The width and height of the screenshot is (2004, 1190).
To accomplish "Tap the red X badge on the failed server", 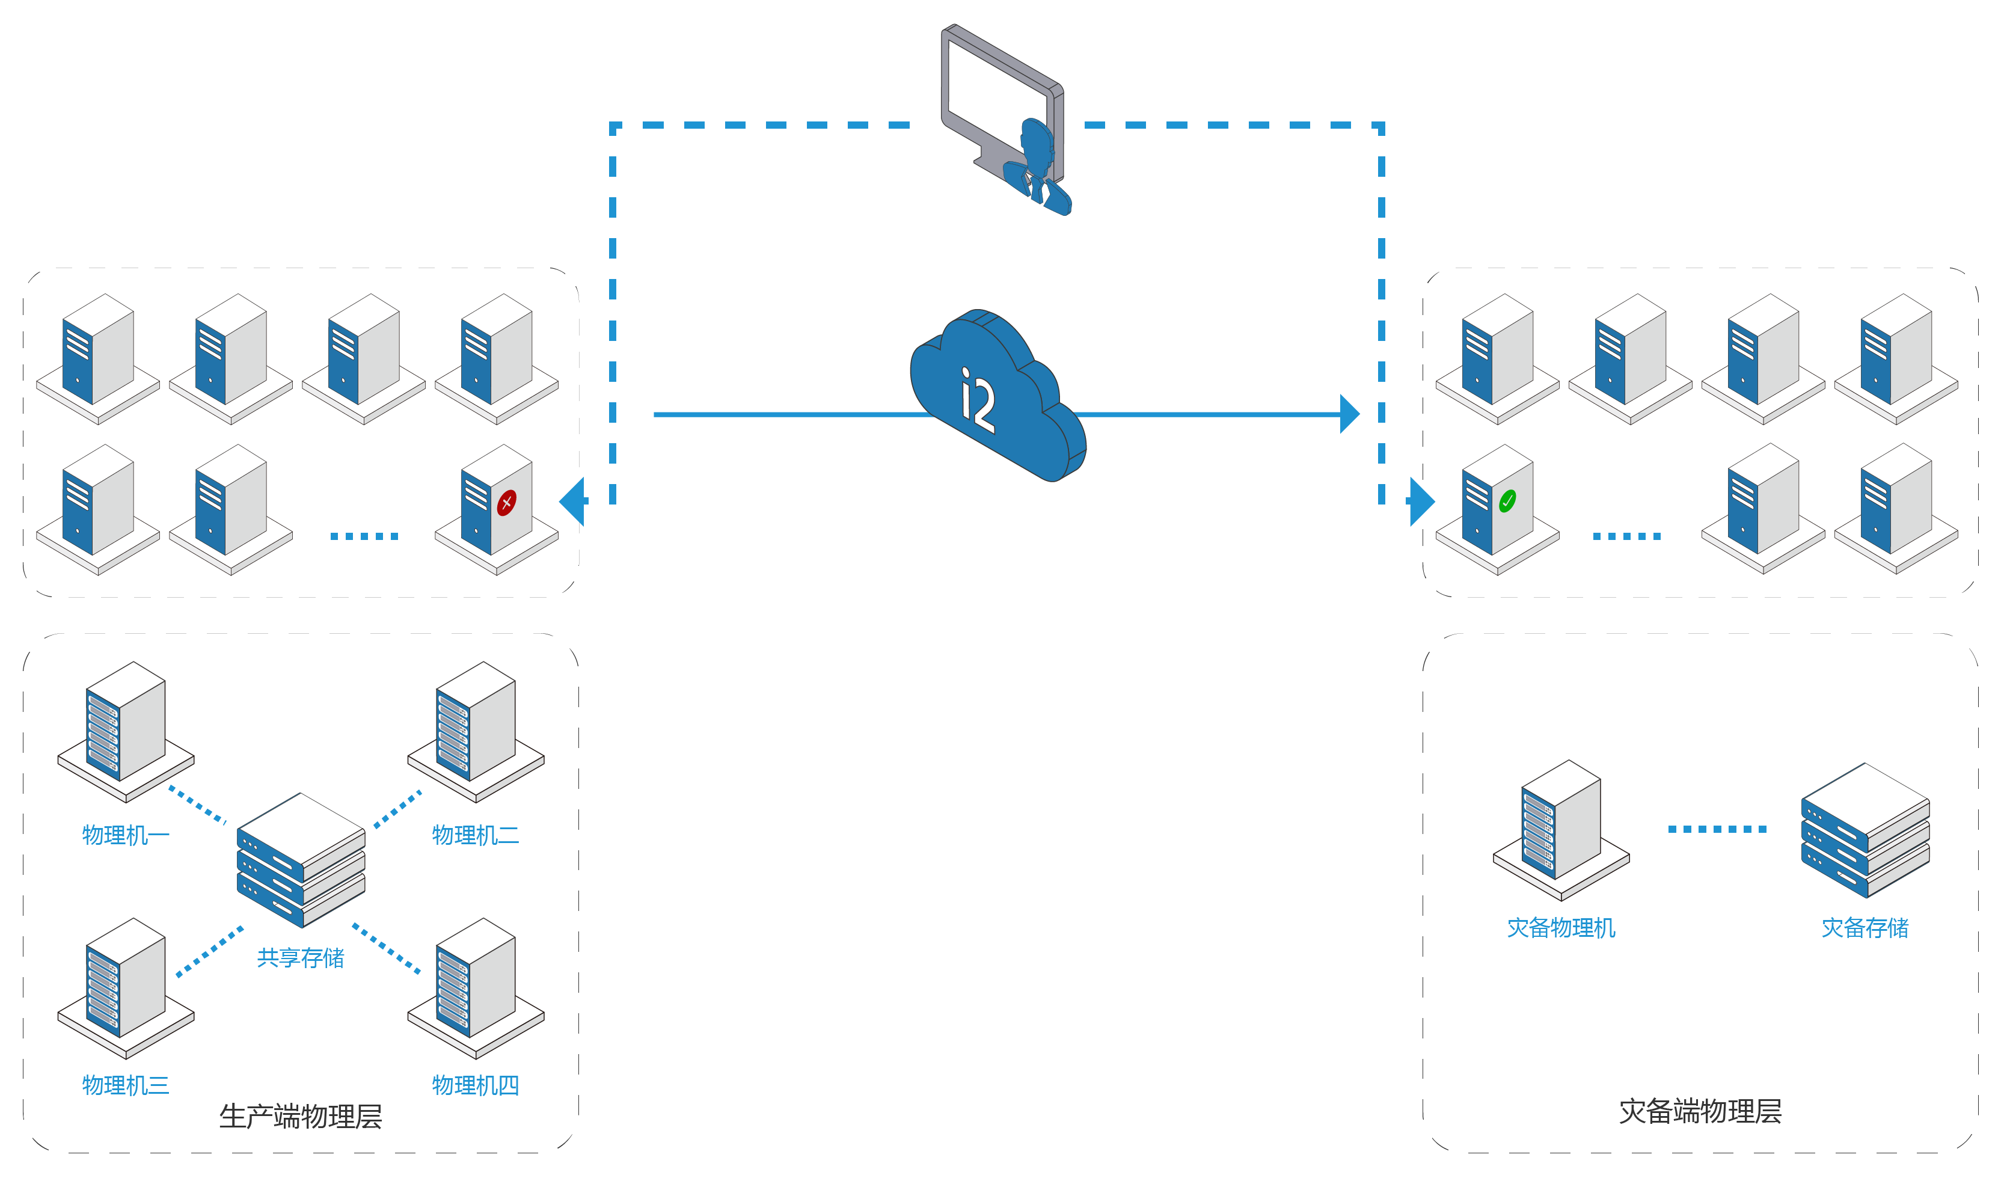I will [x=507, y=503].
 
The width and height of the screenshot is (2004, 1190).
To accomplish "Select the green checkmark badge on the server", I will [x=1507, y=501].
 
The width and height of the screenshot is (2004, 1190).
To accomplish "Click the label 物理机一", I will [x=126, y=836].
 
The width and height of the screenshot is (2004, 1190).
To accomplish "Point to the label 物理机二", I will [x=476, y=836].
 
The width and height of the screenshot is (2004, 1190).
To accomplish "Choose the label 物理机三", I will [x=126, y=1086].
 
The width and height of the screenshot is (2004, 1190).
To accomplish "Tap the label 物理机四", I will [x=476, y=1086].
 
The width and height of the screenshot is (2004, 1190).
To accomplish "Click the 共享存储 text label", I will [x=301, y=957].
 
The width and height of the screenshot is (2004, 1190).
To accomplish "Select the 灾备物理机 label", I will [x=1561, y=928].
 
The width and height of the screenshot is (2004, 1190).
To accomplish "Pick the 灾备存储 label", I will [x=1865, y=928].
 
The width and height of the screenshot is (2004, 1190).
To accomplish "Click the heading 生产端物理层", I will [x=301, y=1116].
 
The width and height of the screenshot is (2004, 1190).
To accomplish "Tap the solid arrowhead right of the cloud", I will [x=1349, y=414].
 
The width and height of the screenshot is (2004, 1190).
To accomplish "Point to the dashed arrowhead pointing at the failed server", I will [x=572, y=501].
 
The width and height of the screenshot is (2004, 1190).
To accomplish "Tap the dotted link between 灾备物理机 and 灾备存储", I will [x=1717, y=829].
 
